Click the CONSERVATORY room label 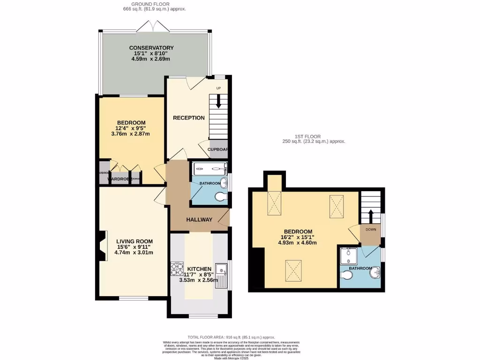151,48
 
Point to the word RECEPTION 189,118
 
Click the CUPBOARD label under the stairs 217,150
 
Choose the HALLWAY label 199,219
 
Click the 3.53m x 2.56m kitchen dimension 199,280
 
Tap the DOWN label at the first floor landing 370,230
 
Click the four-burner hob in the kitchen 178,269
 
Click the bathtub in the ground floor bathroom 210,169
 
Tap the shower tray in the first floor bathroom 348,256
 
